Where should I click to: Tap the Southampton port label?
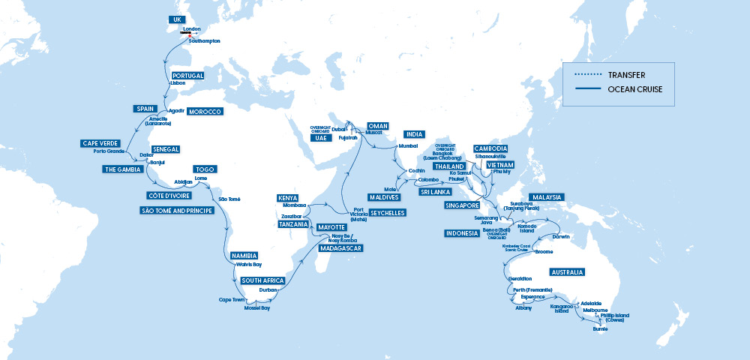(205, 41)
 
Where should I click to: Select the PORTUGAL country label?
(187, 76)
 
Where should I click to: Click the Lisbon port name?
(178, 83)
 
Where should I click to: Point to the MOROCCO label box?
(204, 112)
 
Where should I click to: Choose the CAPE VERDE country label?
(100, 142)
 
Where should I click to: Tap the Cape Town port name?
(232, 299)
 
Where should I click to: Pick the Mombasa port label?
(294, 205)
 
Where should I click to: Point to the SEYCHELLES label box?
(388, 213)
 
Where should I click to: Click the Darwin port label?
(560, 237)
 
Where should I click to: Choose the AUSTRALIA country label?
(568, 271)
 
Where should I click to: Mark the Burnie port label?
(600, 328)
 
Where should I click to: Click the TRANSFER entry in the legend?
(626, 75)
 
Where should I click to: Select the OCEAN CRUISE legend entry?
(634, 90)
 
